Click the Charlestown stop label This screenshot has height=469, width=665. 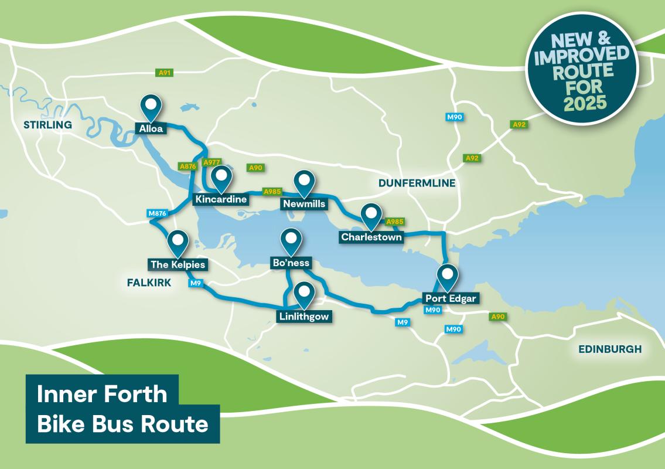pos(372,237)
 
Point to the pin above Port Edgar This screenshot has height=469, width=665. pos(448,276)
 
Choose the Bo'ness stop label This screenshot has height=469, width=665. pos(290,263)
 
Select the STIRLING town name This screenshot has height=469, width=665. pos(47,125)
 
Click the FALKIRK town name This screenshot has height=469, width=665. pos(149,283)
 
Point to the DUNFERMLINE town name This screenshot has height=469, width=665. pos(417,183)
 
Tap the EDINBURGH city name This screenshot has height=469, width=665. pos(610,349)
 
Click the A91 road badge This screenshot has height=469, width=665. pos(164,73)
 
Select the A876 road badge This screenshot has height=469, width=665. pos(187,166)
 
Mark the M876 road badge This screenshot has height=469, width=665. pos(158,213)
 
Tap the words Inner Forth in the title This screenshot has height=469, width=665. pos(102,394)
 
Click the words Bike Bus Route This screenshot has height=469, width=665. pos(122,423)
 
